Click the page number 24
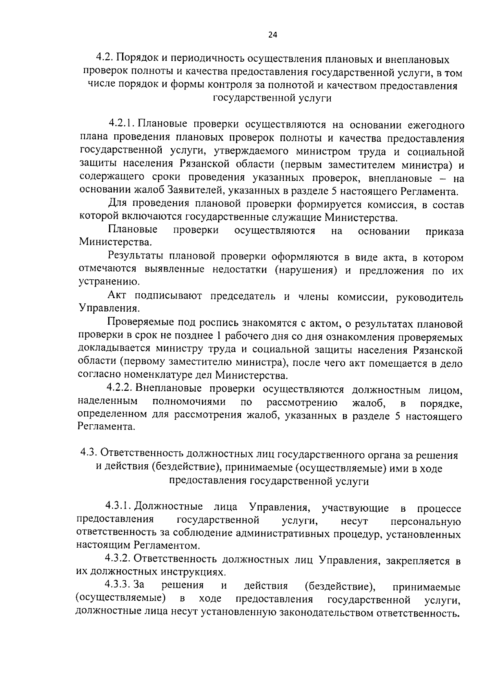coord(272,35)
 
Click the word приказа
coord(444,231)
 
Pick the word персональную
coord(426,521)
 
